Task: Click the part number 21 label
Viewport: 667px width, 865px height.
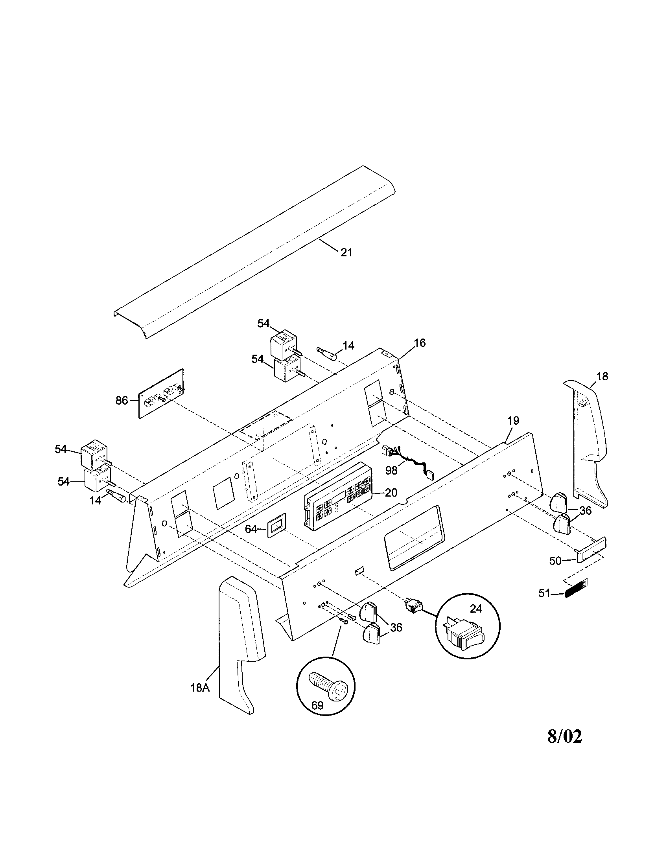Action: [346, 252]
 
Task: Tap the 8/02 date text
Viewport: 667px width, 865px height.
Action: [565, 736]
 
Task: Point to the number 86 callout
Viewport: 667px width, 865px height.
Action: [122, 400]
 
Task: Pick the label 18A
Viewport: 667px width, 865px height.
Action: [199, 688]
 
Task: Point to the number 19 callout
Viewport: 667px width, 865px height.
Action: [513, 420]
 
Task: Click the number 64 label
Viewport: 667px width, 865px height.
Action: [251, 529]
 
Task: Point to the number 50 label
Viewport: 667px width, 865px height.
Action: [555, 561]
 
